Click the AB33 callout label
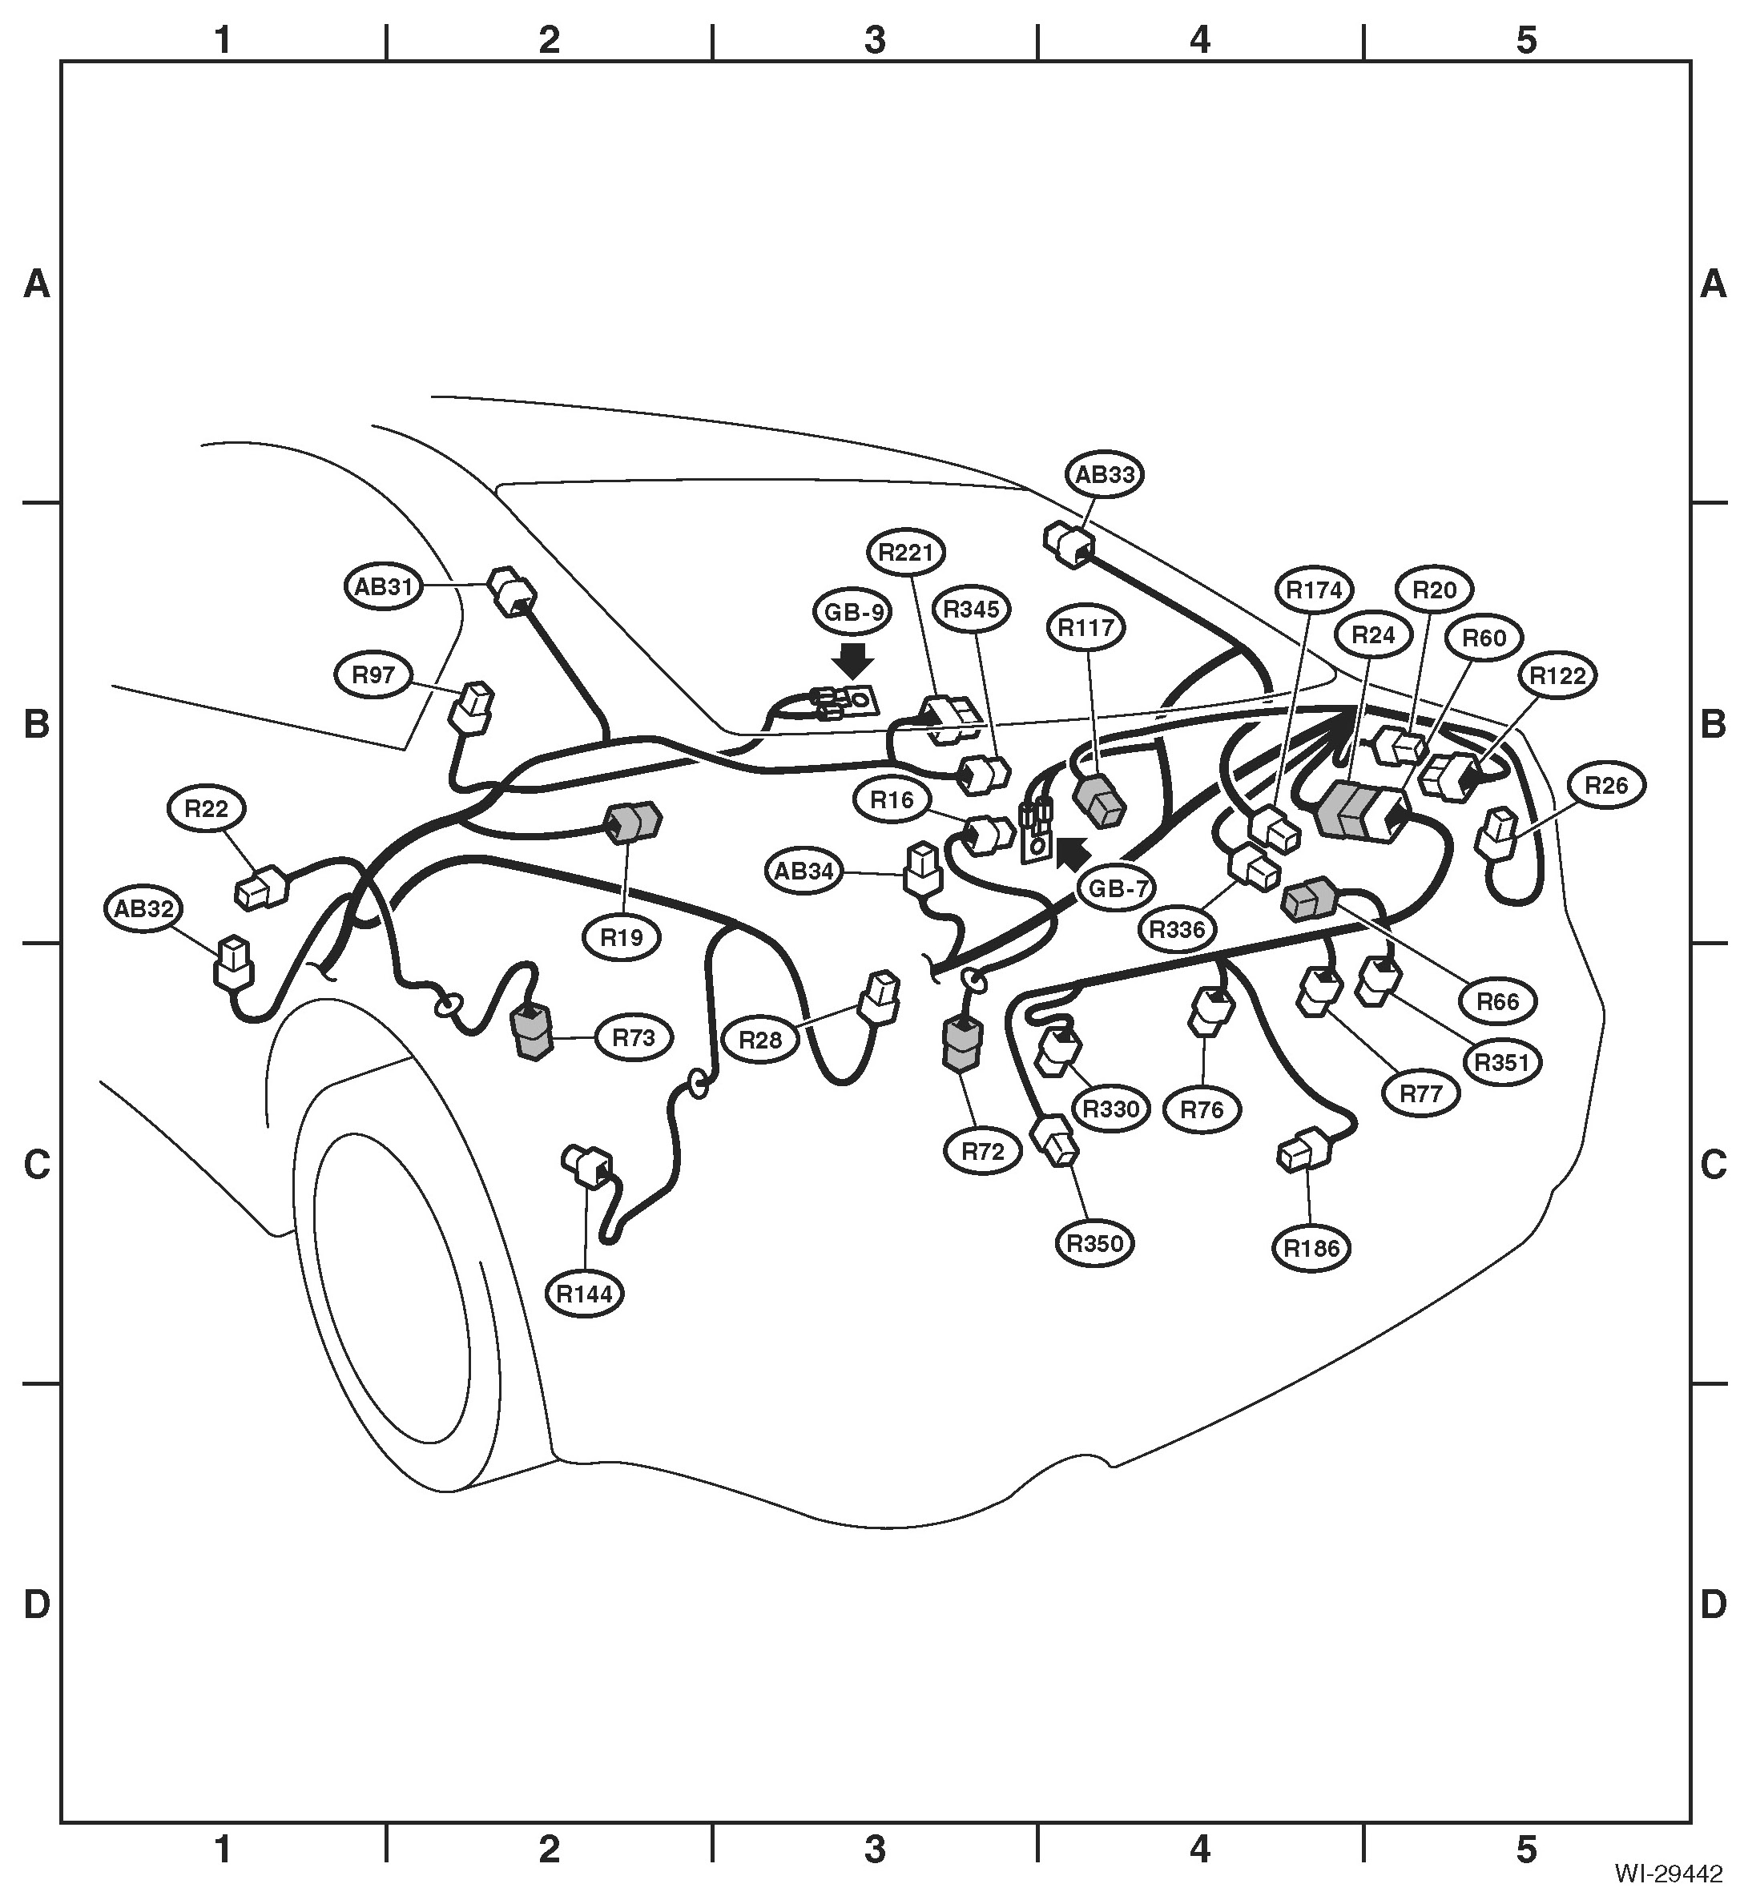(x=1105, y=474)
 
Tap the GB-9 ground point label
(x=853, y=613)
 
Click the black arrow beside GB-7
(x=1071, y=854)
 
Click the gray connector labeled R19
(x=634, y=822)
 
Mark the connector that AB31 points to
(x=511, y=593)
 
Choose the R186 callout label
(x=1311, y=1249)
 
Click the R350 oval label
(x=1095, y=1244)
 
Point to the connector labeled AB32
(x=232, y=964)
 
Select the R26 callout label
(x=1607, y=786)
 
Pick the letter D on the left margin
(x=36, y=1604)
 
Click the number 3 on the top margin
(x=875, y=40)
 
